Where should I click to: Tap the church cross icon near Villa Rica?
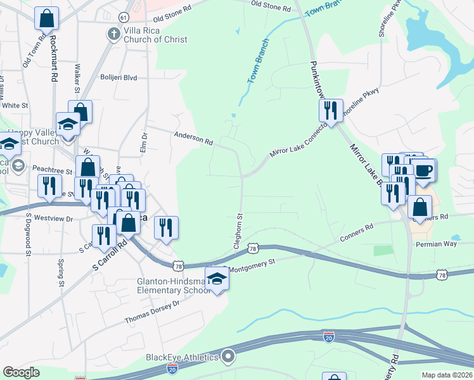(113, 33)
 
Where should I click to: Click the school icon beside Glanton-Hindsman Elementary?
(217, 279)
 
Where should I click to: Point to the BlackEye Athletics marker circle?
(227, 357)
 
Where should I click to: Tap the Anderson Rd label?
(193, 137)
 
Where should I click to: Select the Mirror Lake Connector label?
(298, 141)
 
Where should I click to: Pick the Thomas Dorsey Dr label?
(153, 312)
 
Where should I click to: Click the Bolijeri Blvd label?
(118, 78)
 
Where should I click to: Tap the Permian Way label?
(436, 244)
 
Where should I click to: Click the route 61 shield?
(124, 16)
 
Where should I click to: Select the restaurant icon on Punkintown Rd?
(331, 110)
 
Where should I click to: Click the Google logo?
(21, 372)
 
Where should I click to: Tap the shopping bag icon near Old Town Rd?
(46, 18)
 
